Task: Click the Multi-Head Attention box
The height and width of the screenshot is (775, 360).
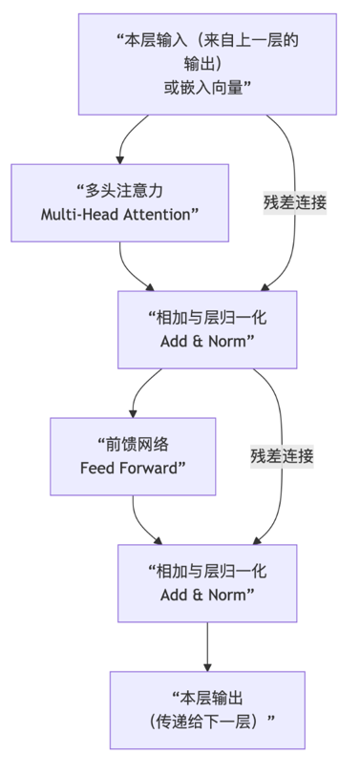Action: [x=119, y=202]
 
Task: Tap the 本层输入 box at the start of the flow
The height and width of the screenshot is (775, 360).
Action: [x=206, y=64]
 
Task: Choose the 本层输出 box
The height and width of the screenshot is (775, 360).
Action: [x=206, y=709]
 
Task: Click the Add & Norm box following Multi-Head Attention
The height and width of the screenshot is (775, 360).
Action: [x=207, y=329]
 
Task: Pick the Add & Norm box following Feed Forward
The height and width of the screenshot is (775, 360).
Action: [x=207, y=582]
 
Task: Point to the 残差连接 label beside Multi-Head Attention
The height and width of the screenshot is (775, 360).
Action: [x=295, y=202]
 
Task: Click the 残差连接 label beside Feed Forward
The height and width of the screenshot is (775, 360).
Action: [x=282, y=455]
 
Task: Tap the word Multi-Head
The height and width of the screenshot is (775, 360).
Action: [x=78, y=214]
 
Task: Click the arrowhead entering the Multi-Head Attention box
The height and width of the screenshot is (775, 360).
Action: [x=120, y=158]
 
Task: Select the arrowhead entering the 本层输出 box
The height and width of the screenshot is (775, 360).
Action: [x=207, y=665]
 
